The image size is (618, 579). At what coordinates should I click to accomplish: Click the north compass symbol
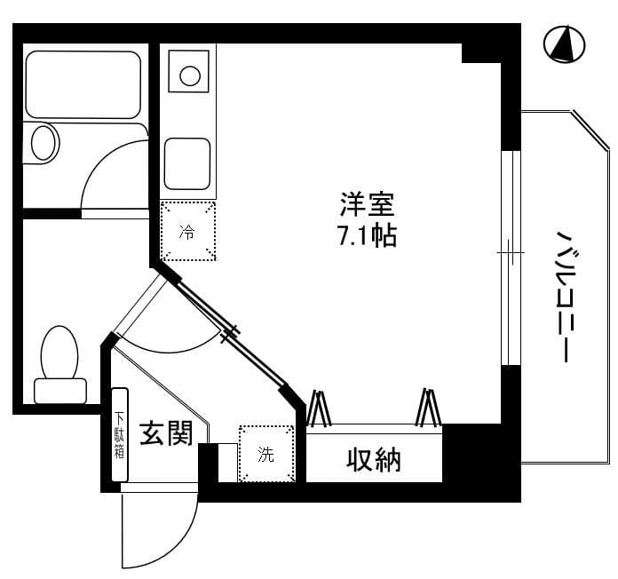(x=563, y=44)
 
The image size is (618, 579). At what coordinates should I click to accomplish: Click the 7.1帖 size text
(x=366, y=235)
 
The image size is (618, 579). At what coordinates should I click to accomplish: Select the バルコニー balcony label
(x=562, y=297)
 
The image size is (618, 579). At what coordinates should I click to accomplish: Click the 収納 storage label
(x=373, y=460)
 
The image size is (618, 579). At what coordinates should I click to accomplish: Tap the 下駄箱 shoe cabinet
(x=120, y=436)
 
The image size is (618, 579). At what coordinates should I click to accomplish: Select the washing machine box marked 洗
(x=266, y=455)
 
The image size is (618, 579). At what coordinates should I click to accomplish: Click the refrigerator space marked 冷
(x=187, y=232)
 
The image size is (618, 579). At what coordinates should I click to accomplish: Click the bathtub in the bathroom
(x=84, y=83)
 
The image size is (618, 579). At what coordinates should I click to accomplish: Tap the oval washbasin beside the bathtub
(x=44, y=142)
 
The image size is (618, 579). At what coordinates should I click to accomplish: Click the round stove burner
(x=189, y=75)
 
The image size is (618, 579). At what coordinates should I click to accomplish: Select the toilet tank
(x=59, y=391)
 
